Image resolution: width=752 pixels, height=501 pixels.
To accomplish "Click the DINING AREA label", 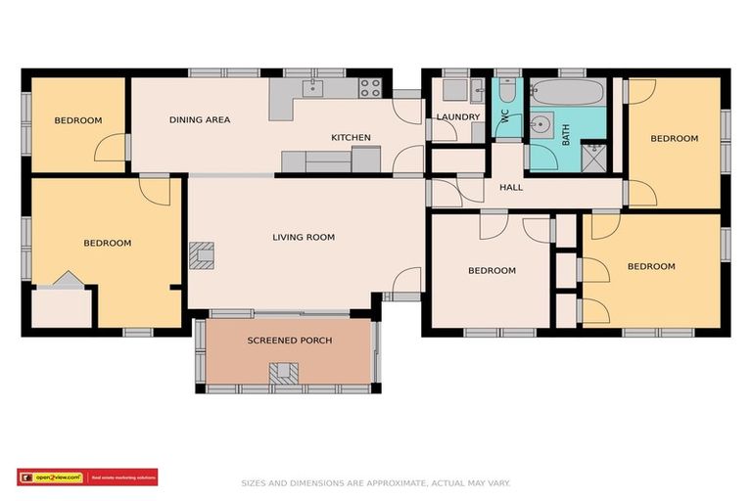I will pyautogui.click(x=199, y=120).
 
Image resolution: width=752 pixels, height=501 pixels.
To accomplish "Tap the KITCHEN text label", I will pyautogui.click(x=351, y=138).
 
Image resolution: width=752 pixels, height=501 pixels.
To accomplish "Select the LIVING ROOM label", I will pyautogui.click(x=304, y=237).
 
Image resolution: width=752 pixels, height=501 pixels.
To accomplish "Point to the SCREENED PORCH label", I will pyautogui.click(x=289, y=341).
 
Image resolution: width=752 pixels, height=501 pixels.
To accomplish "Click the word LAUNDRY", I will pyautogui.click(x=458, y=117).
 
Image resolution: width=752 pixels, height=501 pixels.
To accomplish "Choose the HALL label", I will pyautogui.click(x=511, y=187).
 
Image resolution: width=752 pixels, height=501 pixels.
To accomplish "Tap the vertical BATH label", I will pyautogui.click(x=566, y=134).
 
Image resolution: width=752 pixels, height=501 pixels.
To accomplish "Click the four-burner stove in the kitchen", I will pyautogui.click(x=369, y=88).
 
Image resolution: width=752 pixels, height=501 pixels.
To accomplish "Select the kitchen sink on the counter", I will pyautogui.click(x=311, y=89).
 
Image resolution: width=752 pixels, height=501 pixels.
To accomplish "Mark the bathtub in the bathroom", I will pyautogui.click(x=570, y=94).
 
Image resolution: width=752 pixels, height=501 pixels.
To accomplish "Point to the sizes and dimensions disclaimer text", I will pyautogui.click(x=376, y=482).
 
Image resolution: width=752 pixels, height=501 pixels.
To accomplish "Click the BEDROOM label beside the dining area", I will pyautogui.click(x=77, y=120).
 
